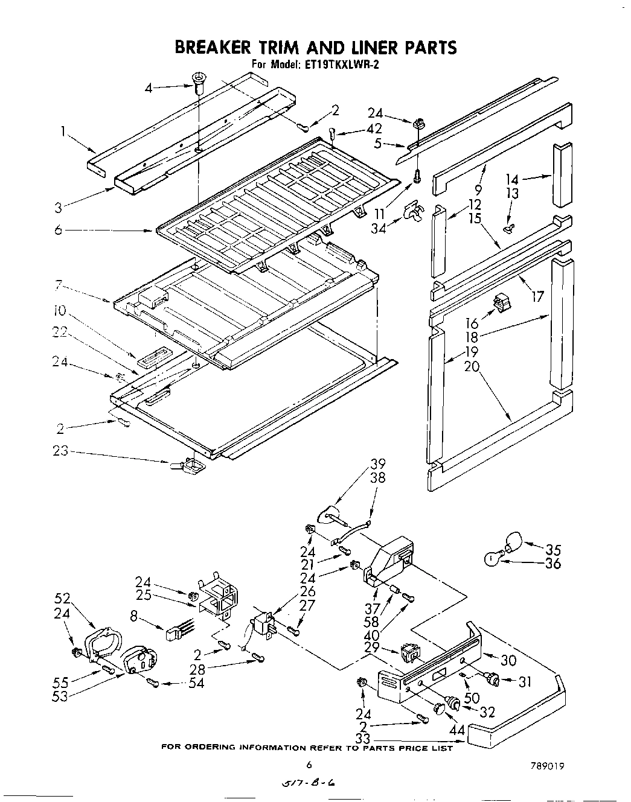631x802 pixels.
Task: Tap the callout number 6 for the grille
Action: [58, 230]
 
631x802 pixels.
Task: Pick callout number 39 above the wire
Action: [377, 463]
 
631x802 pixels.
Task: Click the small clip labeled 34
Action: [413, 211]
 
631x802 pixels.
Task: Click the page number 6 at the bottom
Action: [309, 765]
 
